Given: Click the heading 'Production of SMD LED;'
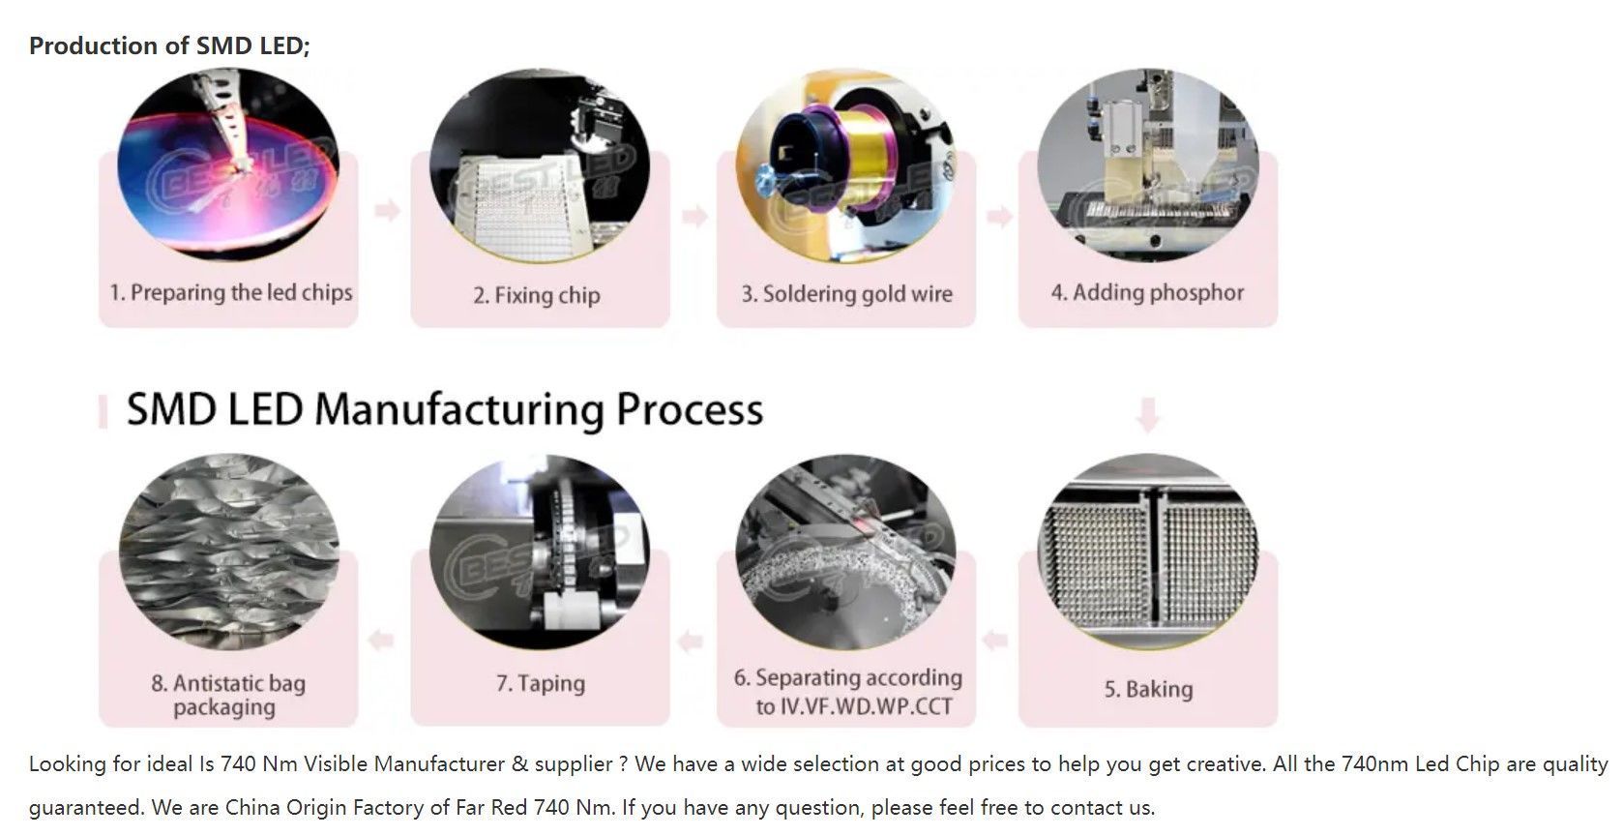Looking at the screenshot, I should [169, 45].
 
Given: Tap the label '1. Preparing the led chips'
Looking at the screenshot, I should [231, 292].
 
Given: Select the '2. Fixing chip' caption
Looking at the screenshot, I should [537, 295].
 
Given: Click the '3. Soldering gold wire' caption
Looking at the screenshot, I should [847, 293].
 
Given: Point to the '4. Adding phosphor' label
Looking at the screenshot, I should [1148, 292].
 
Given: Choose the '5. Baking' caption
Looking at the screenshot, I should [1148, 689].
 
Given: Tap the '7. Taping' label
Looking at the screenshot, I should [541, 683].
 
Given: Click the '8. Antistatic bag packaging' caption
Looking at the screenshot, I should [227, 695].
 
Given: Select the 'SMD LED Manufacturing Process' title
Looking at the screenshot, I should [445, 409].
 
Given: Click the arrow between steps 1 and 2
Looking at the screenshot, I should [387, 210].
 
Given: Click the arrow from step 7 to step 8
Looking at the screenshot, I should [382, 640].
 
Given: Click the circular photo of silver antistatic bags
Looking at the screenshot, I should [229, 552].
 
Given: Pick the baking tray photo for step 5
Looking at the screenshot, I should [1148, 552].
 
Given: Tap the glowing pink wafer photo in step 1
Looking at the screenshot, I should [229, 164].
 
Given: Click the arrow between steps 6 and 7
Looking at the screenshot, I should [691, 640].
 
